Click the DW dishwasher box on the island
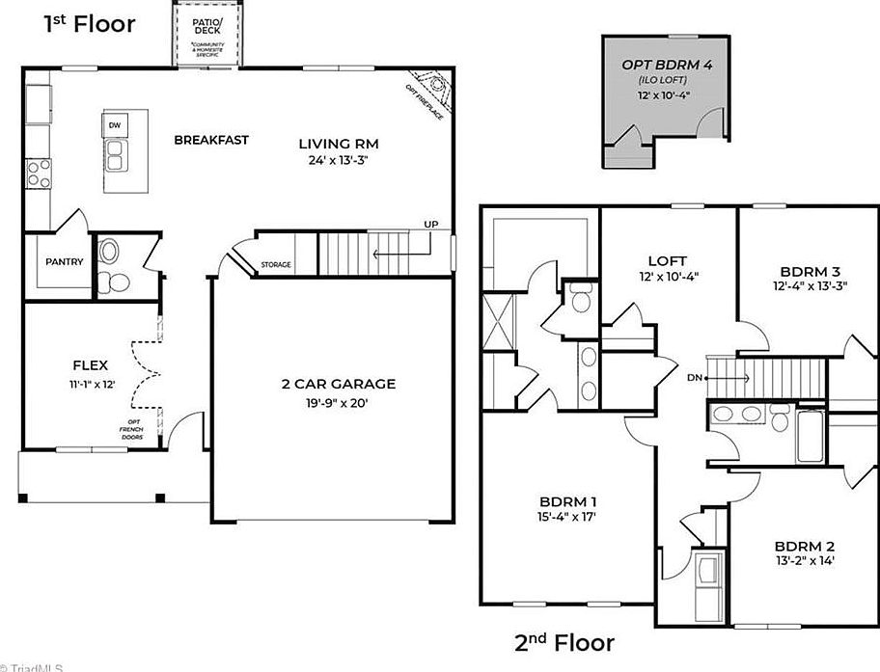point(115,125)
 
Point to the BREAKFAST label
point(210,140)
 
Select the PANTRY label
point(65,261)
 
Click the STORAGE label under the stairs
point(275,265)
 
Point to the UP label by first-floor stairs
point(430,226)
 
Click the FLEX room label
point(90,365)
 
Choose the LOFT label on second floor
point(667,260)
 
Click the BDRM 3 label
point(804,270)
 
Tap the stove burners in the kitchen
point(39,174)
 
